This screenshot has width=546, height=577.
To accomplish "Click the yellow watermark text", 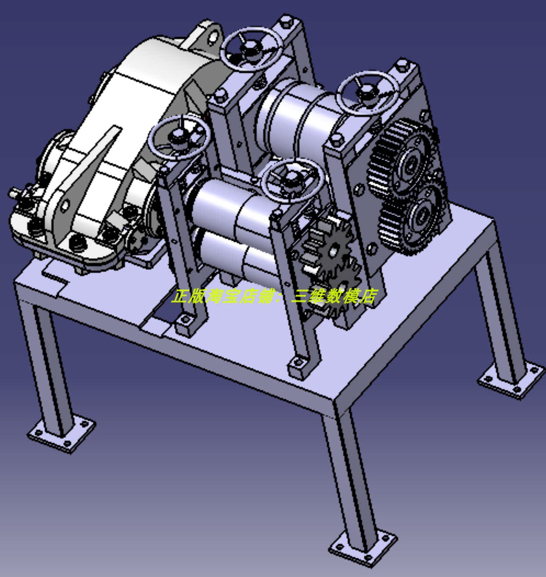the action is pyautogui.click(x=274, y=297).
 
